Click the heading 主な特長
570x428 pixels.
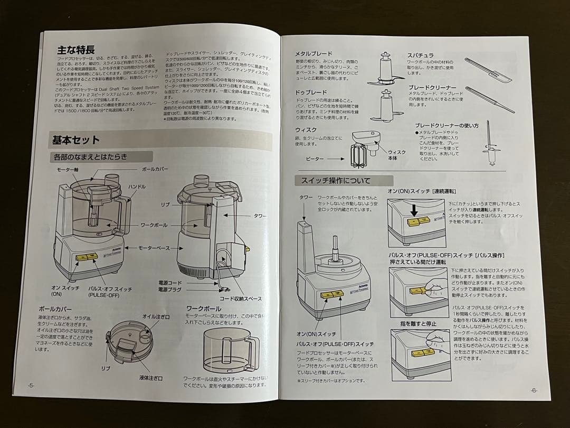pos(76,50)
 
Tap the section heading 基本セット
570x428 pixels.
pos(76,140)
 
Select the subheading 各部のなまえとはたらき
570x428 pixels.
pos(90,157)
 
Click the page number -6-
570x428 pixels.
pos(534,390)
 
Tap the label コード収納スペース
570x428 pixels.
pos(241,299)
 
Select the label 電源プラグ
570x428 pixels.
pos(170,290)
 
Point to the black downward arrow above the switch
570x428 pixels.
pos(414,210)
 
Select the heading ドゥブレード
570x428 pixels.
pos(308,92)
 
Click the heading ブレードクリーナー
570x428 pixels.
pos(432,87)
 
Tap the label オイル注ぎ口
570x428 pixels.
pos(156,316)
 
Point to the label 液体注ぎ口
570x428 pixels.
pos(151,378)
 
